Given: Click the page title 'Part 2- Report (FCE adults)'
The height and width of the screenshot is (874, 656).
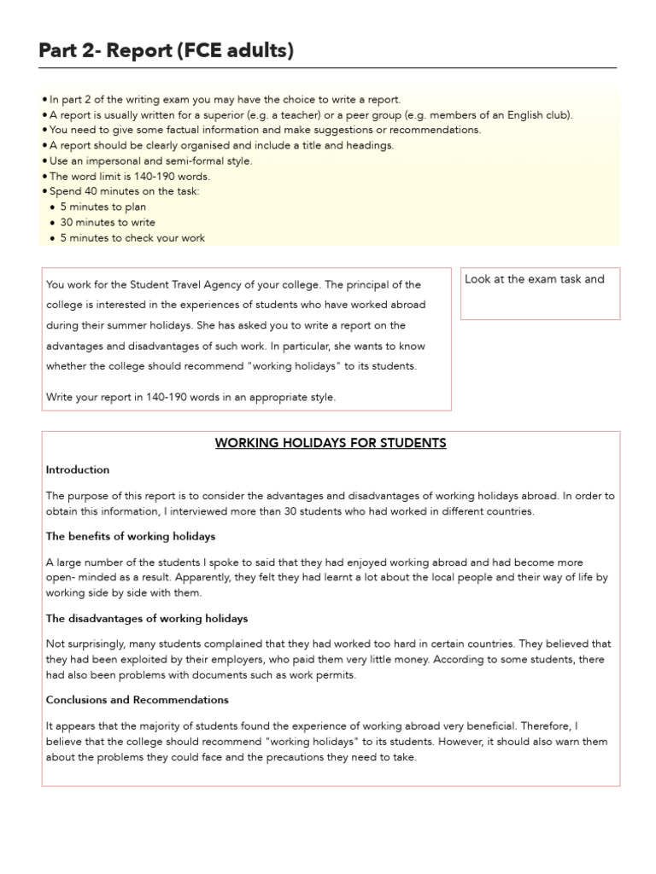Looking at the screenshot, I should click(x=166, y=51).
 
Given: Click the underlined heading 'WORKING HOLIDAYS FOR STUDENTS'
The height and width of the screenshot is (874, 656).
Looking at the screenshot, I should click(x=331, y=443).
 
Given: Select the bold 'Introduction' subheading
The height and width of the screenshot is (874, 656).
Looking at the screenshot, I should click(x=78, y=469).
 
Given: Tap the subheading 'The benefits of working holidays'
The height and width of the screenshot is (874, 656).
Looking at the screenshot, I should click(x=131, y=537).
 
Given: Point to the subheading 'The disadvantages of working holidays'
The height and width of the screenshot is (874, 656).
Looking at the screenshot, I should click(x=147, y=618).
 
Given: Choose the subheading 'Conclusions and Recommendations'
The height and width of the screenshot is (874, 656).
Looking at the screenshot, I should click(x=138, y=700).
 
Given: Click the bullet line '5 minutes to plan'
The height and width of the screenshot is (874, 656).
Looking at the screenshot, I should click(x=102, y=207).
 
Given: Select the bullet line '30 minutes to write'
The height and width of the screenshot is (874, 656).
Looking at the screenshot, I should click(x=108, y=223).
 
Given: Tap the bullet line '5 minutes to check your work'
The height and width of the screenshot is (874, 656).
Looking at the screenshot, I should click(x=132, y=238).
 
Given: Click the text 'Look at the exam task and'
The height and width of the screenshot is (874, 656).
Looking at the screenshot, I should click(x=535, y=279).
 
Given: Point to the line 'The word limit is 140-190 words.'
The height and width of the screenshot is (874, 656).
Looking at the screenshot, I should click(x=128, y=177).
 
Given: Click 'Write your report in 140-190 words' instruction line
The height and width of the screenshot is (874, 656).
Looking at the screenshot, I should click(x=191, y=397).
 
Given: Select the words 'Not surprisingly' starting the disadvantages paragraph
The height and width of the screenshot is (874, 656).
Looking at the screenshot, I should click(x=83, y=644).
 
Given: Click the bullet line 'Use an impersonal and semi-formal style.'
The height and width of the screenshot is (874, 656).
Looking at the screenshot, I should click(x=150, y=160).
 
